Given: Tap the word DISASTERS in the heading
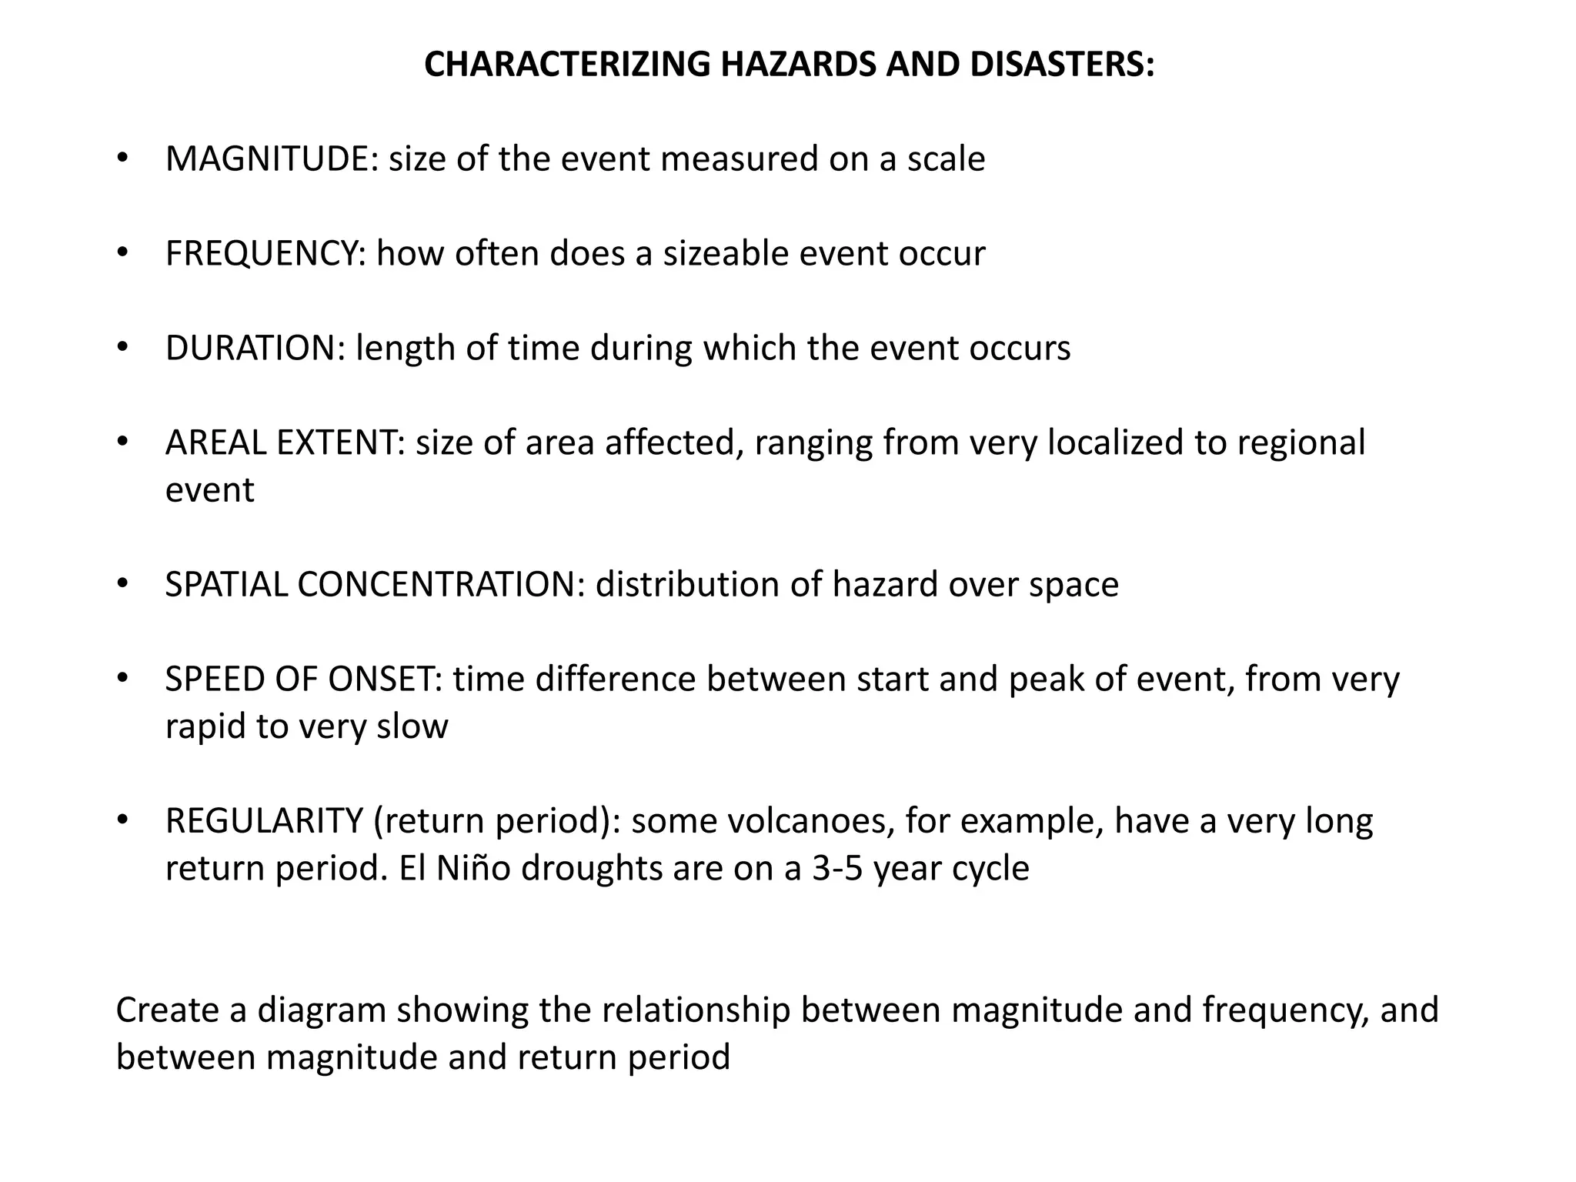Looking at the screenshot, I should (1062, 65).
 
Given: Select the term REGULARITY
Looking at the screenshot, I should (264, 821).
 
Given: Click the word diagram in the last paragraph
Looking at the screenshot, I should (322, 1010).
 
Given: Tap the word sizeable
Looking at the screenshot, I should (726, 254).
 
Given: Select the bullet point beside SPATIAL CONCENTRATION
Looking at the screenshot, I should (122, 584).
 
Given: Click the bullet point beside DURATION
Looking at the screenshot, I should (122, 348).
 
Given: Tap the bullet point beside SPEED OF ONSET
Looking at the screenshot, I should (122, 679).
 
